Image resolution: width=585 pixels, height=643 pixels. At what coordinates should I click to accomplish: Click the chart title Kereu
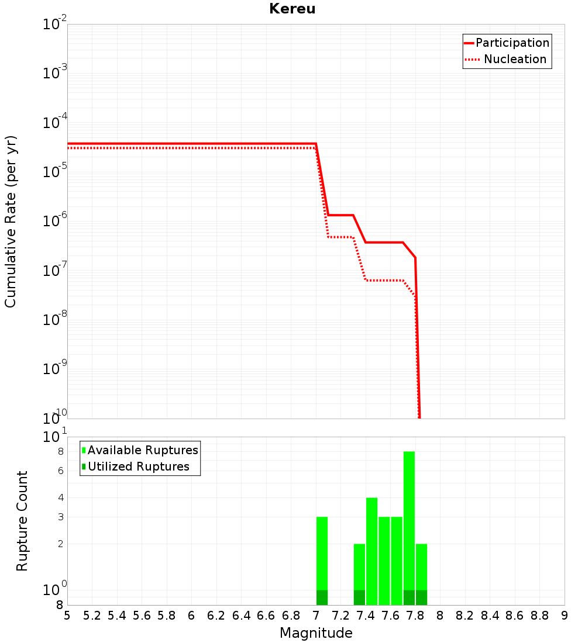coord(292,9)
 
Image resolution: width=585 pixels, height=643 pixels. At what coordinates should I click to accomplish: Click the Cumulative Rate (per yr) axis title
coord(11,221)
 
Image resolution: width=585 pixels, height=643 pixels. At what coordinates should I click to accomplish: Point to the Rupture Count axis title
coord(22,520)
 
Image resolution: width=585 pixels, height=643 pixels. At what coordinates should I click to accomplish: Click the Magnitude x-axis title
coord(316,633)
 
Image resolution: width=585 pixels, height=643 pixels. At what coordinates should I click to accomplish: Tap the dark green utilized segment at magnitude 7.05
coord(322,597)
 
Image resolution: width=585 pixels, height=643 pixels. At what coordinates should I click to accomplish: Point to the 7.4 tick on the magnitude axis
coord(366,616)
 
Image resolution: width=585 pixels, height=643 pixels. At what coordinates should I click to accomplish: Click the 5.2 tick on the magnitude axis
coord(92,616)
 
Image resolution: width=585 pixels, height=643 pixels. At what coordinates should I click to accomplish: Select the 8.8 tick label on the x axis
coord(539,616)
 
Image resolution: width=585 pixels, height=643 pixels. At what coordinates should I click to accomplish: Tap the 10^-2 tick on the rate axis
coord(55,25)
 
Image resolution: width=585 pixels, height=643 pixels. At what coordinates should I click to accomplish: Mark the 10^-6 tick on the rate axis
coord(55,222)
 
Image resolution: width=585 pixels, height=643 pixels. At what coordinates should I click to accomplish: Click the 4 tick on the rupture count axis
coord(61,497)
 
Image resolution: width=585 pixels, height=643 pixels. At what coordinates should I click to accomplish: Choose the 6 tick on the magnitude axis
coord(191,616)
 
